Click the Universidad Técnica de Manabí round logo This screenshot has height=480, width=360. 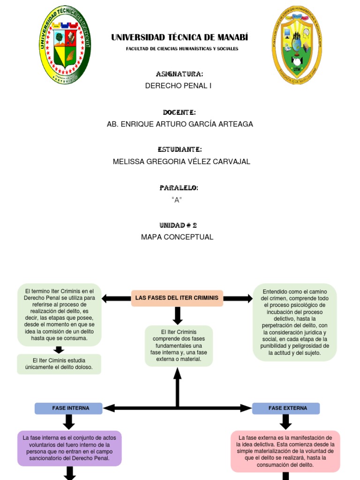[65, 45]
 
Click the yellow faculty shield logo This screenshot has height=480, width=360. [297, 45]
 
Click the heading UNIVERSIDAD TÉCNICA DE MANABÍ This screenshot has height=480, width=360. [180, 37]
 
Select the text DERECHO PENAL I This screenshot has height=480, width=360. [178, 86]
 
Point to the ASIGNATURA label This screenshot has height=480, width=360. [179, 74]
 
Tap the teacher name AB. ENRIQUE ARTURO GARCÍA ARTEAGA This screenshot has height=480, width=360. [180, 124]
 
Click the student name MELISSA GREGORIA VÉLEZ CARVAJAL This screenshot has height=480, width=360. [181, 162]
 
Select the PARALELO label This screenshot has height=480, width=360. [179, 188]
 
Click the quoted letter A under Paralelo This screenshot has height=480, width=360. [177, 200]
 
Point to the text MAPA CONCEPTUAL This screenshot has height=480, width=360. [177, 237]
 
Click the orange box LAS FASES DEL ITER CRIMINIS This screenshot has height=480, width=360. [177, 298]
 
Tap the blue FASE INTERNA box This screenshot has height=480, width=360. [68, 408]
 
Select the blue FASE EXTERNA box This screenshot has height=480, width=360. [286, 408]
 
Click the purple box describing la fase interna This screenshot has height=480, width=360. [69, 448]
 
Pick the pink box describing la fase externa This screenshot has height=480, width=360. [285, 451]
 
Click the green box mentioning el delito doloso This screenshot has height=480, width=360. [59, 364]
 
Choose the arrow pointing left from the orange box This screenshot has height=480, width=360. [116, 298]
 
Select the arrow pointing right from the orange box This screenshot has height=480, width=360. [238, 298]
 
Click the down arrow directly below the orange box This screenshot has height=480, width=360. [177, 315]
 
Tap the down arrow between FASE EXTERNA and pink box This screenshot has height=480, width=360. [285, 422]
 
